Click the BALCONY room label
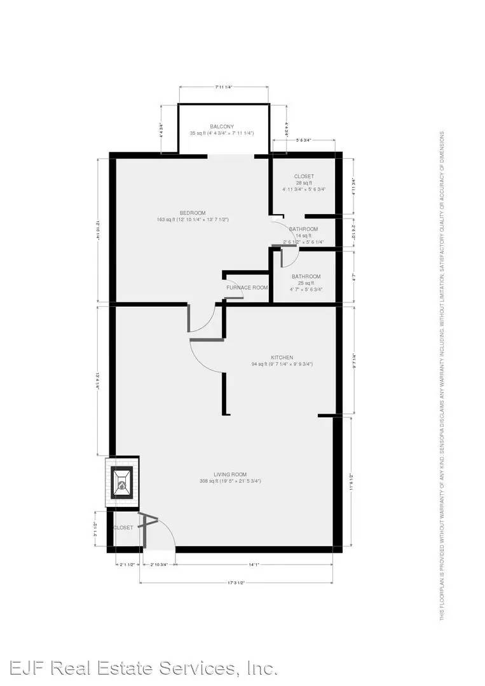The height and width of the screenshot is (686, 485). [x=222, y=126]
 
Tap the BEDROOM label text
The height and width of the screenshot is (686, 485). [x=192, y=212]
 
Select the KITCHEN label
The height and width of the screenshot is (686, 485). [x=282, y=358]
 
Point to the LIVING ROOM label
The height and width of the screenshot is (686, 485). [x=230, y=474]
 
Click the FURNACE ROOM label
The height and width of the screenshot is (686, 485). [x=247, y=287]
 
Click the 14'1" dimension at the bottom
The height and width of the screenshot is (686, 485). [x=254, y=563]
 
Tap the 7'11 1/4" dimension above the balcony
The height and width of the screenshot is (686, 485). [x=222, y=86]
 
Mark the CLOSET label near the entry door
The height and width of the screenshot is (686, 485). [x=123, y=528]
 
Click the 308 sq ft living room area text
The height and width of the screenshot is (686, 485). [x=230, y=481]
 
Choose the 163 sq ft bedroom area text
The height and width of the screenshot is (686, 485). [x=192, y=220]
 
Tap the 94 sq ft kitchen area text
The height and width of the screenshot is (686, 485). [x=282, y=365]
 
